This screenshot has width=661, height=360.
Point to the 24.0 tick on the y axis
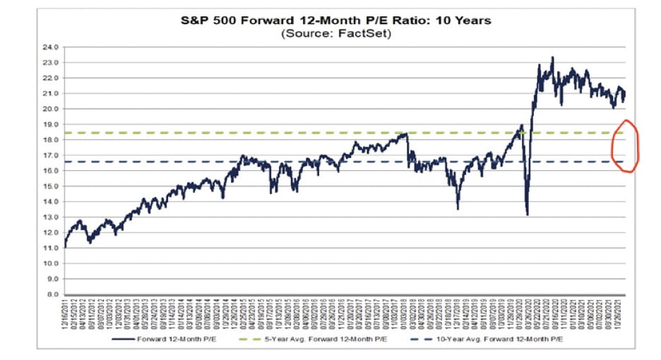click(x=51, y=47)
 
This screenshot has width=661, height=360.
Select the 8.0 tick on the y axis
click(x=52, y=294)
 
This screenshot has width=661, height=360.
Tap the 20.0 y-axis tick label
click(x=51, y=109)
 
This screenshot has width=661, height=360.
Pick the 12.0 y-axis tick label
click(x=51, y=233)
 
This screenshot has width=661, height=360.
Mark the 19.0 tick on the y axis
click(x=51, y=124)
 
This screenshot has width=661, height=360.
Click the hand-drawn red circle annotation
click(x=626, y=145)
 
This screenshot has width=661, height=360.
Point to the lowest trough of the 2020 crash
click(x=527, y=214)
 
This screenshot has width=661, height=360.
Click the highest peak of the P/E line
click(x=552, y=57)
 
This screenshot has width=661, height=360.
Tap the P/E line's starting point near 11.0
click(x=65, y=247)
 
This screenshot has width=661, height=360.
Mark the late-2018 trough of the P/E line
click(x=458, y=208)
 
